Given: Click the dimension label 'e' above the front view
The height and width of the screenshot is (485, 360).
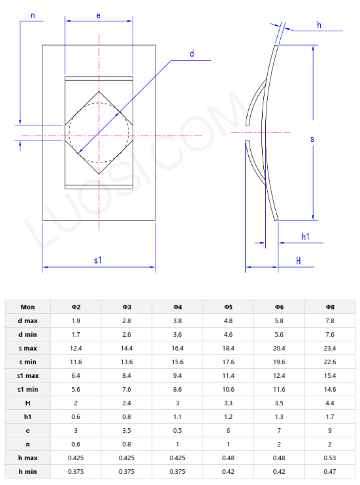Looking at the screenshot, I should click(x=98, y=14).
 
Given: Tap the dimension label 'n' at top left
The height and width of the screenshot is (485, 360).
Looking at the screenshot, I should click(x=33, y=14).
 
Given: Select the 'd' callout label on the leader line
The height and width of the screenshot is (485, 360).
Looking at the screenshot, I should click(x=192, y=54).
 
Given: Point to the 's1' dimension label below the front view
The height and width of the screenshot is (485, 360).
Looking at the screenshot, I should click(x=98, y=260).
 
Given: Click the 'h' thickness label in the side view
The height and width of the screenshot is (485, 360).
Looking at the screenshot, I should click(x=319, y=24).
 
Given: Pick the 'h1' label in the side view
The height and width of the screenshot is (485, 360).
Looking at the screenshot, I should click(x=305, y=236).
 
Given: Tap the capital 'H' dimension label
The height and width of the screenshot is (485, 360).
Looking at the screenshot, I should click(x=298, y=260).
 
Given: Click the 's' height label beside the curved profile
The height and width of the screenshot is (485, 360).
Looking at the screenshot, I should click(x=312, y=139).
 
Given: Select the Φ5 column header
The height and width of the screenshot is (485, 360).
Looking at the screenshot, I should click(x=228, y=306).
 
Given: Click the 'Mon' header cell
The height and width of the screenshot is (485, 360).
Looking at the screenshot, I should click(x=27, y=306).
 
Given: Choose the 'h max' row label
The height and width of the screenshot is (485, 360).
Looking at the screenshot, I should click(x=27, y=457).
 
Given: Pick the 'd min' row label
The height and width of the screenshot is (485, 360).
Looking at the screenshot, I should click(x=27, y=334).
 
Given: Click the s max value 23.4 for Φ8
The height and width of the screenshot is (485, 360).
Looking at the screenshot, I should click(x=330, y=348).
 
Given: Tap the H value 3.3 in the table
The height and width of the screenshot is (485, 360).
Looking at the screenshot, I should click(x=228, y=403).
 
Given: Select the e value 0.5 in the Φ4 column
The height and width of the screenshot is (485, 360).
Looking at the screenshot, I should click(x=177, y=430).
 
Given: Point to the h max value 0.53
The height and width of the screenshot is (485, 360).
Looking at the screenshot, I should click(x=330, y=457).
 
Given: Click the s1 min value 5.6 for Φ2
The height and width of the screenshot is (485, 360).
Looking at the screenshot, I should click(x=76, y=389).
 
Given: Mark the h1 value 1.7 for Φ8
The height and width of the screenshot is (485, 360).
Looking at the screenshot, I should click(x=330, y=416).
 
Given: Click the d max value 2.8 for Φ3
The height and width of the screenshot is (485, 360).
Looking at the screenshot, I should click(x=127, y=321).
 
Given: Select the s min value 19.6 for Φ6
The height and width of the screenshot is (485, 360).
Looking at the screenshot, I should click(x=279, y=362).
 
